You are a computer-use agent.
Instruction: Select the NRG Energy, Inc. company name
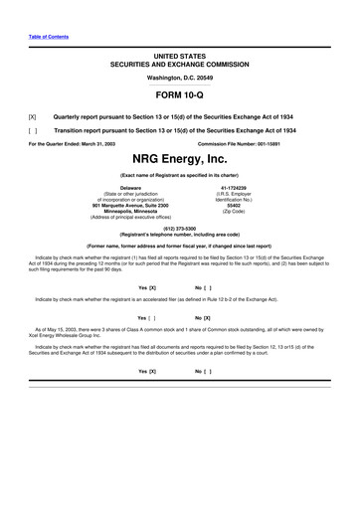pyautogui.click(x=180, y=159)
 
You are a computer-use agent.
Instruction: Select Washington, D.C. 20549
pyautogui.click(x=180, y=77)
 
